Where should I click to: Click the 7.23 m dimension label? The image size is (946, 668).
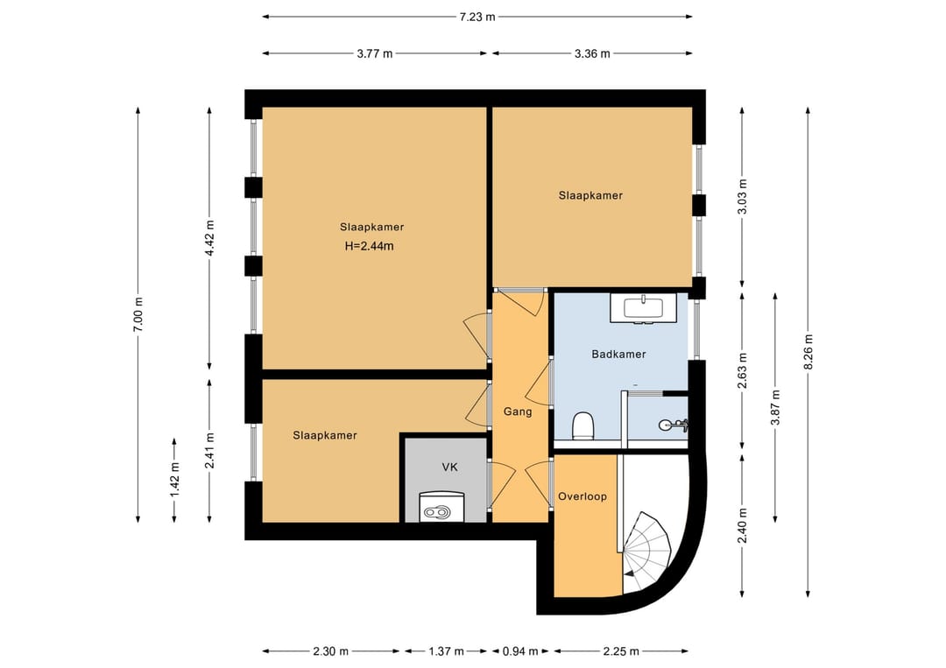[x=477, y=17]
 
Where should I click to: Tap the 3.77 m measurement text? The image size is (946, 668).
[x=375, y=53]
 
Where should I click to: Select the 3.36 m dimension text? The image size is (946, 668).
[x=592, y=53]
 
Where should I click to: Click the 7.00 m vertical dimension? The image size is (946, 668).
[x=138, y=314]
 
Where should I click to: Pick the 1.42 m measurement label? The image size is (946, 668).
[x=174, y=480]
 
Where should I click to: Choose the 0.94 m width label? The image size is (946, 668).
[x=520, y=651]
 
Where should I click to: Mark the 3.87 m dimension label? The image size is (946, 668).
[x=775, y=408]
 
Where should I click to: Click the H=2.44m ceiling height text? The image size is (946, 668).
[x=370, y=246]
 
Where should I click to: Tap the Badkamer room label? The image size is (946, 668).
[x=619, y=355]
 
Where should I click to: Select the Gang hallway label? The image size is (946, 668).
[x=518, y=411]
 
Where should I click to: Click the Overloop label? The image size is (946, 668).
[x=582, y=496]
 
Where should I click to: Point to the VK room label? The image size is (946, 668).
[x=450, y=468]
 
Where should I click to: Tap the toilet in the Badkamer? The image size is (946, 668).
[x=582, y=425]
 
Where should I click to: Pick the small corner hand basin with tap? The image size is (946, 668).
[x=672, y=425]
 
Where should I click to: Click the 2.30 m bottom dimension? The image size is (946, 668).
[x=330, y=651]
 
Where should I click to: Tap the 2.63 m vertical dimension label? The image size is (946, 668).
[x=743, y=371]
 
